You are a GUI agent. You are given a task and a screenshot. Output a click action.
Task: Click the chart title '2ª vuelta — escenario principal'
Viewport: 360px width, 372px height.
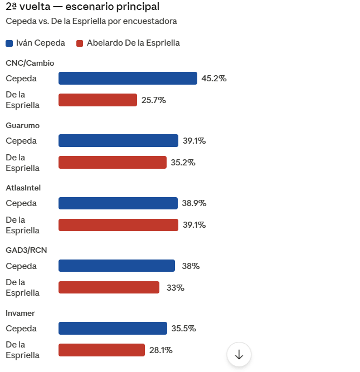point(82,7)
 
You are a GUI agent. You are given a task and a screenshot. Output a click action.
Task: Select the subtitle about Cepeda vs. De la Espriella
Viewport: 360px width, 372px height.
point(91,21)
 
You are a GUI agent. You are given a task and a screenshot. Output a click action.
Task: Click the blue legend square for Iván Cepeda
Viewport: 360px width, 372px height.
point(9,43)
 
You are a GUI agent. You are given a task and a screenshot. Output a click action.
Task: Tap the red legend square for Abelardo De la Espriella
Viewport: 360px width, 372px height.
point(80,43)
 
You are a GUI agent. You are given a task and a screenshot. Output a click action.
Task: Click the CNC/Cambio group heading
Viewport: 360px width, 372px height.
point(30,63)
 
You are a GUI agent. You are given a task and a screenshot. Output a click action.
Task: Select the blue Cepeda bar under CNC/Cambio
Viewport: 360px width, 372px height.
point(128,79)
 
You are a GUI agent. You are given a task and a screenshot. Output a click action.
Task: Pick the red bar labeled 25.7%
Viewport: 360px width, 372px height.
point(98,100)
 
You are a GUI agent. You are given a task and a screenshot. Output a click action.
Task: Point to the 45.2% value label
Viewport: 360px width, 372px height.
point(213,79)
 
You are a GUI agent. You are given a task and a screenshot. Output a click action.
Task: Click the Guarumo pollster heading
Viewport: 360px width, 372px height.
point(22,125)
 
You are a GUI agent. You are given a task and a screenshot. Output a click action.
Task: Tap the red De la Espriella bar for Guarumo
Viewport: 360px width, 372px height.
point(112,163)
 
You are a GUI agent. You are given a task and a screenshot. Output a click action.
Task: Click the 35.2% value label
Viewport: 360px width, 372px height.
point(183,163)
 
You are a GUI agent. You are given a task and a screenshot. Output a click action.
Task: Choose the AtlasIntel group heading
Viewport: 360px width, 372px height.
point(23,188)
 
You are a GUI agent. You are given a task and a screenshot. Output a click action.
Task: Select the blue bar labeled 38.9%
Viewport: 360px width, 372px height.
point(118,203)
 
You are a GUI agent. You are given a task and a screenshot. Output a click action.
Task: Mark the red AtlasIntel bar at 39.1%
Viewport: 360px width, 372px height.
point(118,225)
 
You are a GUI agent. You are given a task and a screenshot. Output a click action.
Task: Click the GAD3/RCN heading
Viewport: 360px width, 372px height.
point(26,250)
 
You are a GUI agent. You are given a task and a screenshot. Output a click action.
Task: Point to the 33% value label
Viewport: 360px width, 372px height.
point(175,288)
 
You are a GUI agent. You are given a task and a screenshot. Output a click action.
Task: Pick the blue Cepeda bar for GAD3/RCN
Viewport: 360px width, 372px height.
point(116,266)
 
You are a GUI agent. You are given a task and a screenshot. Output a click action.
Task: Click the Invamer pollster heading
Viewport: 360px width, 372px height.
point(21,313)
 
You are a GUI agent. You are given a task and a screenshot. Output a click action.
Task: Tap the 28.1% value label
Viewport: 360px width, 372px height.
point(160,350)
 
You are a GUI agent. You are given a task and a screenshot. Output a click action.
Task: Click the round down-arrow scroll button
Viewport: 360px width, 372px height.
point(239,354)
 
